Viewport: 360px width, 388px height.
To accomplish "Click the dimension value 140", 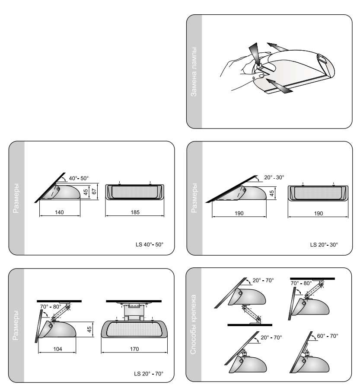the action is coord(59,212).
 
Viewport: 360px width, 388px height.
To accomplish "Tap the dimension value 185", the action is coord(135,212).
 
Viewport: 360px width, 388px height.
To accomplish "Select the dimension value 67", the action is coord(94,191).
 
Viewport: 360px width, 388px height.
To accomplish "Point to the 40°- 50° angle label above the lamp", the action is coord(79,178).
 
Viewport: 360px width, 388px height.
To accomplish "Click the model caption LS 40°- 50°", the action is coord(150,244).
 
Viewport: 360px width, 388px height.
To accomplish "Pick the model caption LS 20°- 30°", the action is coord(324,245).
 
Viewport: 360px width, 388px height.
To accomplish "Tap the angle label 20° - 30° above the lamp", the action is coord(274,177).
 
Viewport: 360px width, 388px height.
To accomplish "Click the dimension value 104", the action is coord(57,349).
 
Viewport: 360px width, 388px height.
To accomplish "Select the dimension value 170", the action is coord(134,349).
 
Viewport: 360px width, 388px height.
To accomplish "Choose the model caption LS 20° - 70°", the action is coord(149,374).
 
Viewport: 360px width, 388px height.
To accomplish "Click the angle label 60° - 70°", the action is coord(327,336).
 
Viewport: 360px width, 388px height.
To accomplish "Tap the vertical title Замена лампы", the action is coord(194,71).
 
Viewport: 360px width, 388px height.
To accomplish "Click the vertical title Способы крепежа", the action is coord(193,324).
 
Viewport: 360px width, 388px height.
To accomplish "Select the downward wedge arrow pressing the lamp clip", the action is coord(255,53).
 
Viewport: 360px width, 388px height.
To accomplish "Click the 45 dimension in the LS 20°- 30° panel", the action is coord(271,193).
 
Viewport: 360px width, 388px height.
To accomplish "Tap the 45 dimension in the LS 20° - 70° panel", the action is coord(89,329).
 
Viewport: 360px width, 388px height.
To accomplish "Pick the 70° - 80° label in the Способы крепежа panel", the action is coord(301,283).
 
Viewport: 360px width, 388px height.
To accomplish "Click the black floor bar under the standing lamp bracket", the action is coord(250,325).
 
